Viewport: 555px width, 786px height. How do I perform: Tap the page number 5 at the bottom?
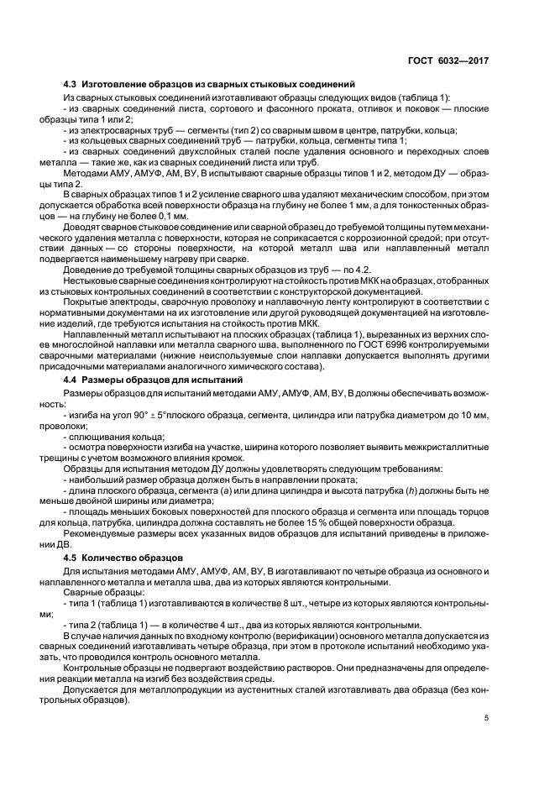487,718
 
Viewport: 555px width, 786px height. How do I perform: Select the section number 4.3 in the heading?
71,85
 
